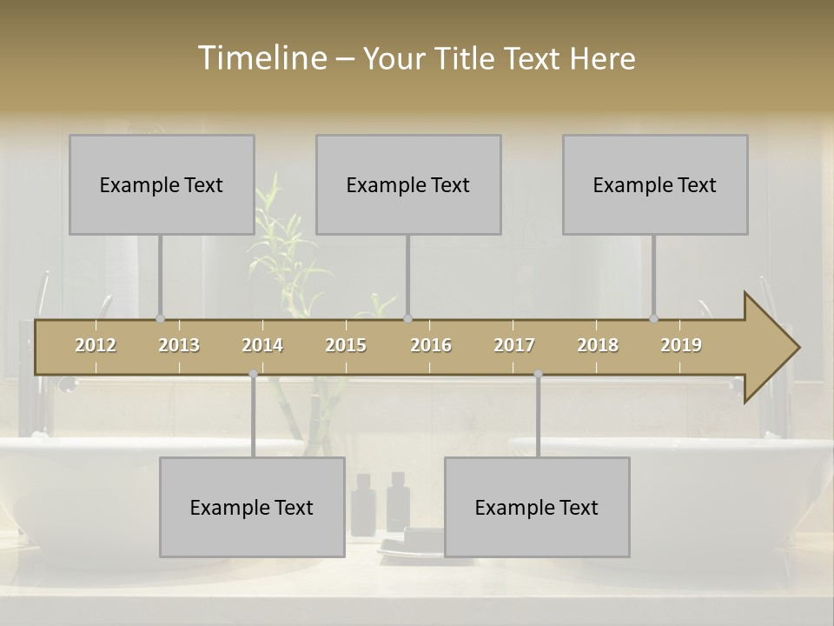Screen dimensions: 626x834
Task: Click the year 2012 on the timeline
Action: (x=96, y=345)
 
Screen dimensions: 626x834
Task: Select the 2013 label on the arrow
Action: (x=179, y=345)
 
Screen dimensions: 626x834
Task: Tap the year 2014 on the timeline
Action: (x=262, y=345)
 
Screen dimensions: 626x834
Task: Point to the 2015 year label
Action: (x=346, y=345)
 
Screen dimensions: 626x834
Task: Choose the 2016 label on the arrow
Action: (x=431, y=345)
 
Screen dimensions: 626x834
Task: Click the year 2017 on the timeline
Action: (x=514, y=345)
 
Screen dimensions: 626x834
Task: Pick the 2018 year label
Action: (x=598, y=345)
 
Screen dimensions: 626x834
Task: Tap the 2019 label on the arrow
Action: (x=681, y=345)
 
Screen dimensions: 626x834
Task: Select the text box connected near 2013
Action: (x=162, y=184)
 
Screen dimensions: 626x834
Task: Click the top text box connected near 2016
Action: (x=408, y=184)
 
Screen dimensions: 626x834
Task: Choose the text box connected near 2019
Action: (x=655, y=184)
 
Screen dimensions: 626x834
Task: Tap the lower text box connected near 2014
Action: (x=252, y=507)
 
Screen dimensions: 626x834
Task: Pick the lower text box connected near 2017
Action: (x=537, y=507)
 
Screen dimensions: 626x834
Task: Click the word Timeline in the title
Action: (x=261, y=57)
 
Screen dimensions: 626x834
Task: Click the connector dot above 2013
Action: (x=160, y=318)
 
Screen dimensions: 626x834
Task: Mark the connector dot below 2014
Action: (x=253, y=374)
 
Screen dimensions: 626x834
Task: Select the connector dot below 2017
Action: (x=538, y=374)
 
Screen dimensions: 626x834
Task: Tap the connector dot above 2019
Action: (x=654, y=318)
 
